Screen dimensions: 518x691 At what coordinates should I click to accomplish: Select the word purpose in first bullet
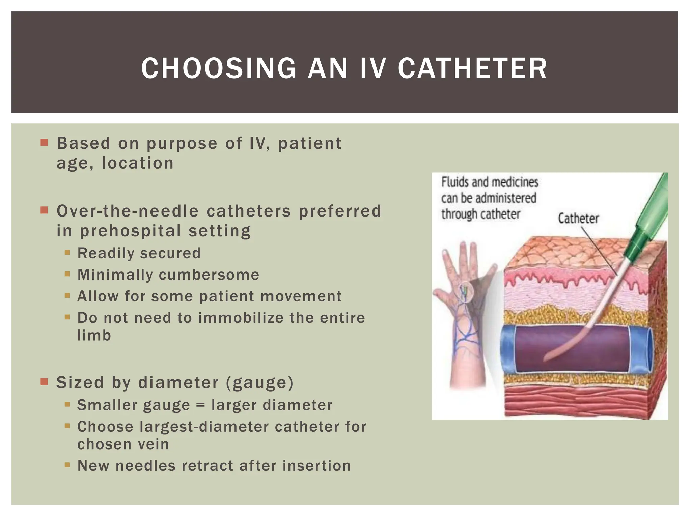pos(182,144)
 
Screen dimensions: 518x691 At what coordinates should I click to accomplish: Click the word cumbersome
pos(209,275)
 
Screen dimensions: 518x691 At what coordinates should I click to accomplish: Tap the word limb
pos(94,336)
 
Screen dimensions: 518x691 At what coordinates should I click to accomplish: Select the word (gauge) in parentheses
pos(259,383)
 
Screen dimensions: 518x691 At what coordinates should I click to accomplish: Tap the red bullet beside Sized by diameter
pos(44,382)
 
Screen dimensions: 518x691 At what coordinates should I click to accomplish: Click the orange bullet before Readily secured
pos(67,252)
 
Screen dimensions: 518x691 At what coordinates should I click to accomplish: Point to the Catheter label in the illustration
pos(578,219)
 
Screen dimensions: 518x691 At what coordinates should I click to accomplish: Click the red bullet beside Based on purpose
pos(44,142)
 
